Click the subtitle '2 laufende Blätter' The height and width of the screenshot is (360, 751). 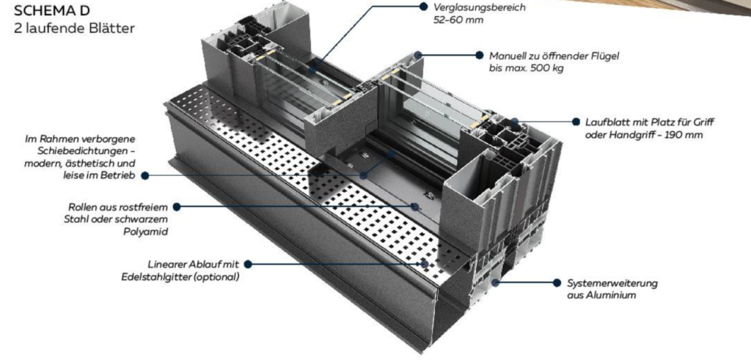pos(74,29)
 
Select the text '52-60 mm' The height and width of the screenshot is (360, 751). pos(458,20)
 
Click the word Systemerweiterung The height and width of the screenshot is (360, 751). pos(612,283)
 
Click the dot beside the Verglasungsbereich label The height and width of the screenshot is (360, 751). pos(423,6)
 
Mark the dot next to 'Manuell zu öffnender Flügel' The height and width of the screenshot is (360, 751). pos(480,55)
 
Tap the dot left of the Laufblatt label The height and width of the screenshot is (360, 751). pos(576,122)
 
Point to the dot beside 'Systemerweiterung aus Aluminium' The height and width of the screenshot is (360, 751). pos(557,282)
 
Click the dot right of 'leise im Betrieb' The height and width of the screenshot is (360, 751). pos(145,176)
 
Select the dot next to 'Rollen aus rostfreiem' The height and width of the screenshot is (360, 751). pos(176,207)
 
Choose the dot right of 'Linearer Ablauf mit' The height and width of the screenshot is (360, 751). pos(248,264)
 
